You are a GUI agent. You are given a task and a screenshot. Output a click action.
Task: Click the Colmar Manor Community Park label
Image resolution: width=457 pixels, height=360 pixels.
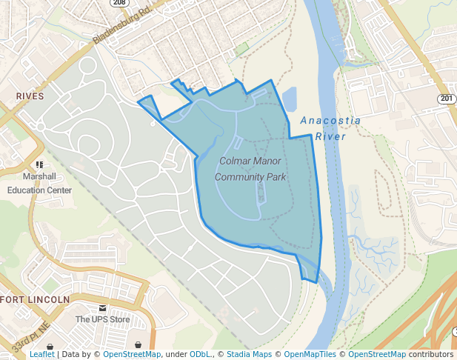click(250, 168)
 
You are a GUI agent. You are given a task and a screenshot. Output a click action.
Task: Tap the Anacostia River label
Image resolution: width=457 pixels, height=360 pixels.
click(330, 128)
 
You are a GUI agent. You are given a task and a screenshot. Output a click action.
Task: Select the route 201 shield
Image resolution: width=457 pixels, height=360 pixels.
click(445, 99)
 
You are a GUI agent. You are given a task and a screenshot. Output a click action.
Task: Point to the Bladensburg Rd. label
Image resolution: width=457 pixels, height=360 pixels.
click(123, 27)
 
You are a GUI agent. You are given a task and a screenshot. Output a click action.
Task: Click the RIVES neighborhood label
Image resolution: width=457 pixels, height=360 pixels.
click(30, 96)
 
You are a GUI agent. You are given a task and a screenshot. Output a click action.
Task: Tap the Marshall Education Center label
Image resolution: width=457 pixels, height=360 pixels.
click(39, 183)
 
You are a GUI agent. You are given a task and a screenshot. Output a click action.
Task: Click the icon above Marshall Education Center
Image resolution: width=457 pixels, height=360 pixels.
click(39, 164)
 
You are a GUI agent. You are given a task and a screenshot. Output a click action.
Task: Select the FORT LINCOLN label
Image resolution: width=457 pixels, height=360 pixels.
click(35, 299)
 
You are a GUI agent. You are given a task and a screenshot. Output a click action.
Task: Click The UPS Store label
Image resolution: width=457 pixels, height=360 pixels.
click(102, 319)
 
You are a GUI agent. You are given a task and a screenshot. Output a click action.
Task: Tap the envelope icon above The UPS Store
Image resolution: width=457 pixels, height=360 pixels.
click(102, 307)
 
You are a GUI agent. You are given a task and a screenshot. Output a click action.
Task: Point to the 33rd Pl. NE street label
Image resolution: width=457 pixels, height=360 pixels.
click(30, 336)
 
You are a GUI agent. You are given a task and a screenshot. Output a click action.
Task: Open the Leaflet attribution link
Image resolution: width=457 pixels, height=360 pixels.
click(42, 355)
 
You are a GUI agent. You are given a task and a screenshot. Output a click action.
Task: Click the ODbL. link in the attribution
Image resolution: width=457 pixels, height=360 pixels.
click(201, 355)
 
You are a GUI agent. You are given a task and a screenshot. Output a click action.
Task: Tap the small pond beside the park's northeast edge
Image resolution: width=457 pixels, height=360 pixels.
click(289, 99)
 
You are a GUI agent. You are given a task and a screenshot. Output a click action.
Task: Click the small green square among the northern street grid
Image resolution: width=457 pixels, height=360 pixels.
click(241, 49)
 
